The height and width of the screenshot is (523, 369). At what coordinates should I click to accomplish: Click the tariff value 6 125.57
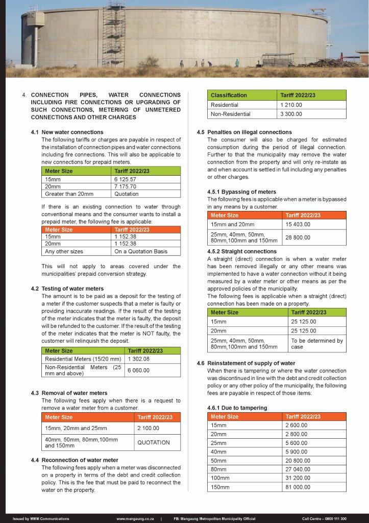pos(128,180)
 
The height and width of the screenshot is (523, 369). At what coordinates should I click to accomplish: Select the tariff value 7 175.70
pos(128,187)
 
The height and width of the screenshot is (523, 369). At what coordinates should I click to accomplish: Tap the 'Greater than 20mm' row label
pos(69,194)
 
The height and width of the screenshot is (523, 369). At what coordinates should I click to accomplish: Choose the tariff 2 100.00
pos(148,428)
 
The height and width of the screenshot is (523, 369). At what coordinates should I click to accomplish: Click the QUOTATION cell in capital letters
pos(154,442)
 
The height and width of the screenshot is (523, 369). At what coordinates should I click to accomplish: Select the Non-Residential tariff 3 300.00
pos(291,114)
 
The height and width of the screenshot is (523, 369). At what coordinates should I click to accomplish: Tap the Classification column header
pos(229,95)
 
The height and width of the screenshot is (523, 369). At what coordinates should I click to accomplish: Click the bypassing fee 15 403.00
pos(298,225)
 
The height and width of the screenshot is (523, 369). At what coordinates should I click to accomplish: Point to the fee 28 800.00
pos(298,237)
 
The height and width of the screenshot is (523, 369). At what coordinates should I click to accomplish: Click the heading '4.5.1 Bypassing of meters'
pos(241,192)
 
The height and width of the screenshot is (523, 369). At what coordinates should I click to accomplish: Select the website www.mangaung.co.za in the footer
pos(135,518)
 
